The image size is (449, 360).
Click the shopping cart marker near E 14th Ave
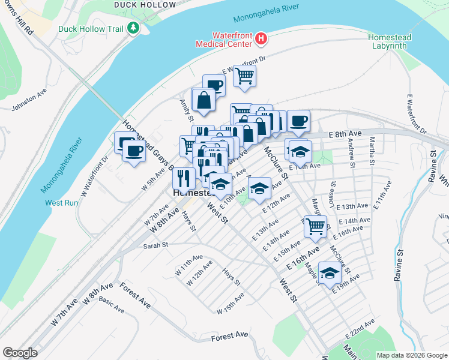(x=315, y=226)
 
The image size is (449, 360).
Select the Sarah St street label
(x=155, y=245)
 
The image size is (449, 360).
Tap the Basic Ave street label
(x=111, y=306)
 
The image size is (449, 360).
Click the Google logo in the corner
(x=20, y=353)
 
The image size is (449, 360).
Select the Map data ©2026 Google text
(x=412, y=355)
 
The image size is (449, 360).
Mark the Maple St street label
(x=310, y=262)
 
